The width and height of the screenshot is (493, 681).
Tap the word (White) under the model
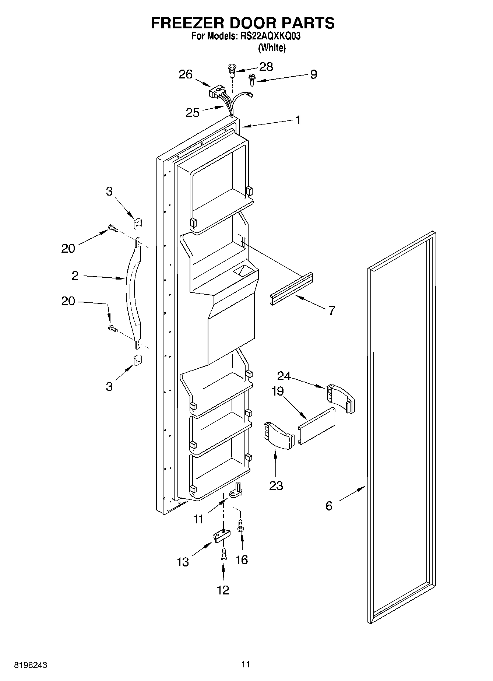(272, 48)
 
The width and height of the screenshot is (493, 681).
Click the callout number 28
(266, 67)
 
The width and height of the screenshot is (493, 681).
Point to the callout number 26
(186, 74)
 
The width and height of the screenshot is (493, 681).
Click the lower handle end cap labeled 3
(137, 360)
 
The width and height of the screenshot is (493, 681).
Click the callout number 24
(284, 376)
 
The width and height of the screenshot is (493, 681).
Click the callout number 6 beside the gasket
(329, 506)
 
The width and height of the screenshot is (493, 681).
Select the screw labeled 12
(223, 555)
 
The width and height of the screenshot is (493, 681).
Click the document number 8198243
(31, 665)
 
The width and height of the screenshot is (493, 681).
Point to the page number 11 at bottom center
(246, 664)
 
